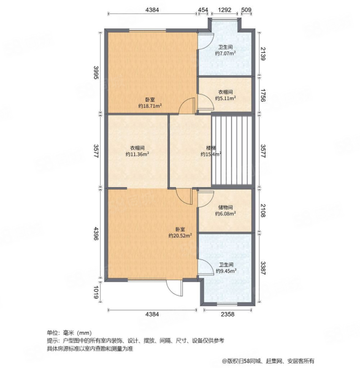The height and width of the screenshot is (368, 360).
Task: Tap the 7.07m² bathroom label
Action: (x=225, y=50)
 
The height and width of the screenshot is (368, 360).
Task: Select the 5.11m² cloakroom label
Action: (x=225, y=95)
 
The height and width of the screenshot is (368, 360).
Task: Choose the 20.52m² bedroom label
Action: (x=180, y=232)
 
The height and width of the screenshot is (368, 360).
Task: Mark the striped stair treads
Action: (x=232, y=150)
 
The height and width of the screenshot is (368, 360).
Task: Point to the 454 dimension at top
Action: (x=203, y=10)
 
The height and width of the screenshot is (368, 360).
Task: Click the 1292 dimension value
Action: (x=224, y=10)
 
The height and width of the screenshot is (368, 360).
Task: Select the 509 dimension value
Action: (x=246, y=10)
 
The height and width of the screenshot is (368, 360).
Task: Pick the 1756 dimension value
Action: (x=262, y=96)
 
